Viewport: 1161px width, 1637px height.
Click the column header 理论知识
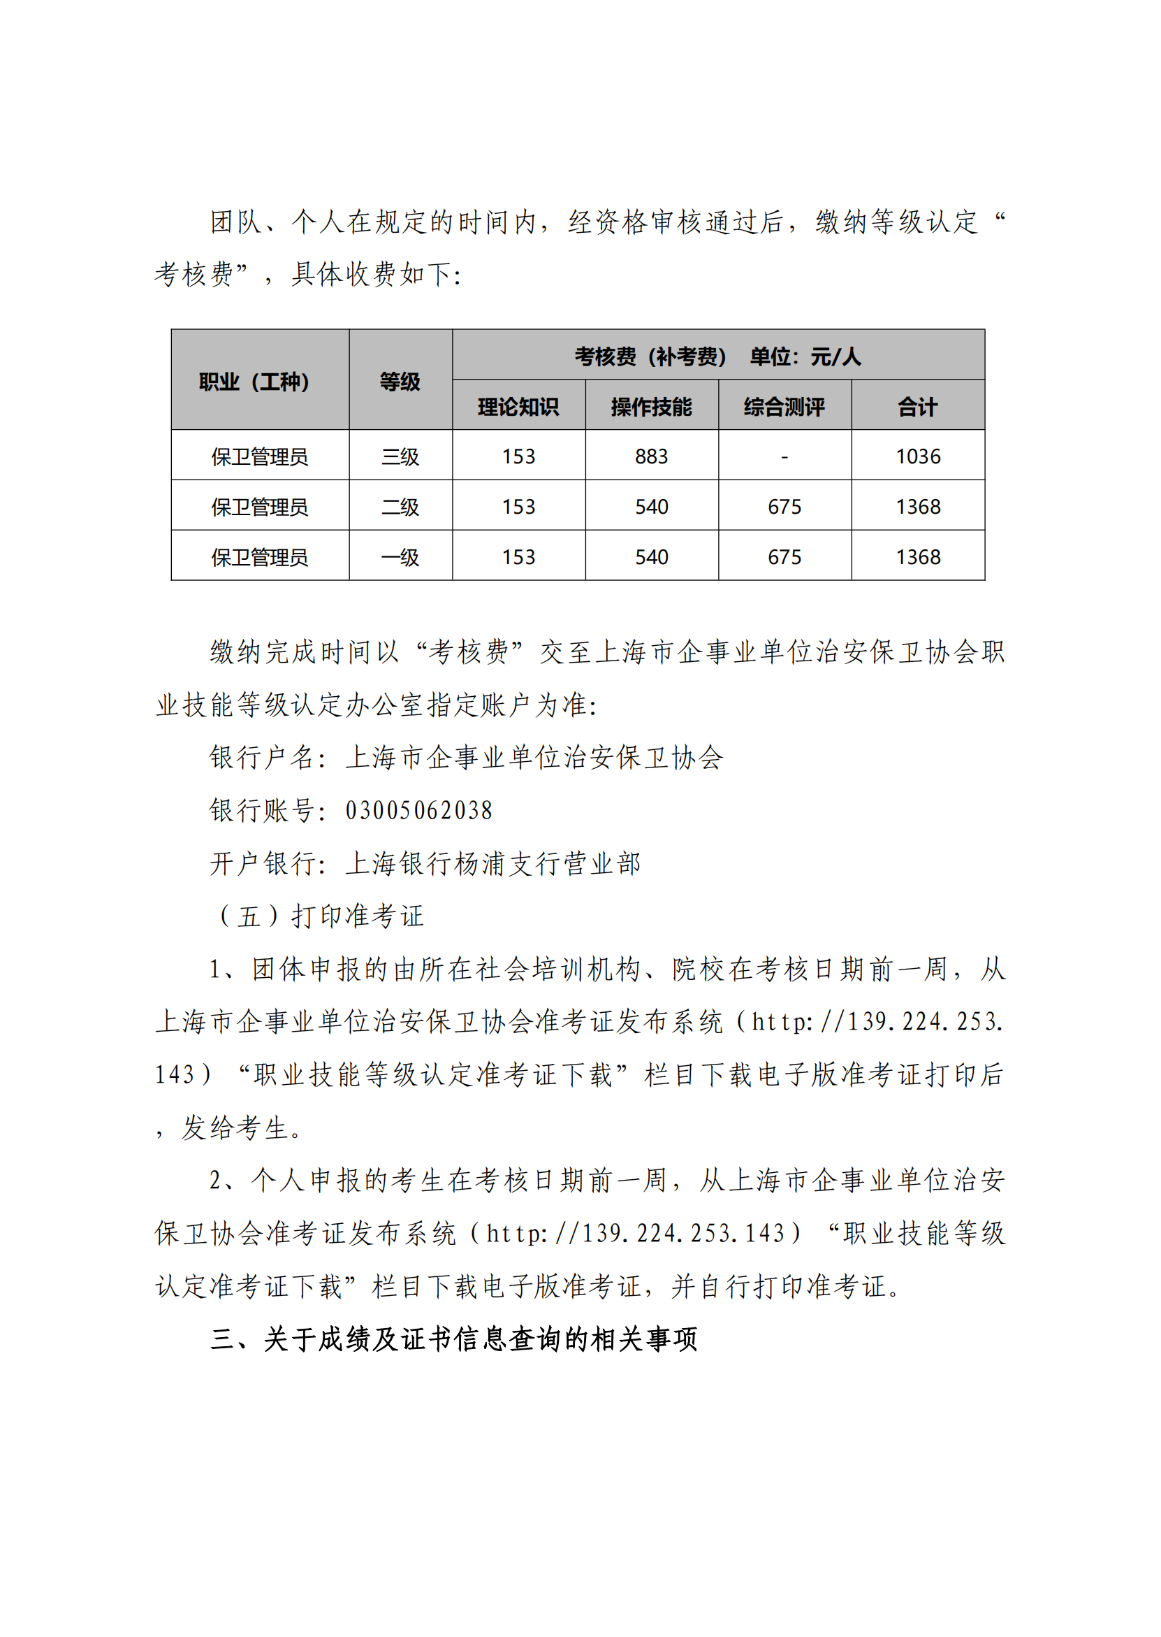[518, 407]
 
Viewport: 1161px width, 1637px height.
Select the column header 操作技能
[651, 407]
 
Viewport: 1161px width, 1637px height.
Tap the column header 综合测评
[784, 407]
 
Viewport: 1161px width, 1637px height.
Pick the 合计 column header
[918, 407]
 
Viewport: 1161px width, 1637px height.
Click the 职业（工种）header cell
[254, 382]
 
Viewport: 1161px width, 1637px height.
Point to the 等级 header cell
[400, 382]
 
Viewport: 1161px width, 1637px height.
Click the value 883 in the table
[651, 456]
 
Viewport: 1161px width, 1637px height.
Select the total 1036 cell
[918, 456]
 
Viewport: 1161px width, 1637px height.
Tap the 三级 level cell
[400, 456]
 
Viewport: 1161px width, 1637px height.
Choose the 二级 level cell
[400, 507]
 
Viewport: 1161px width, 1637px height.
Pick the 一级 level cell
[400, 557]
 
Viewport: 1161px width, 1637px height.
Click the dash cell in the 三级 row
[784, 456]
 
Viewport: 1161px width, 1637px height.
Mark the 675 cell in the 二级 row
[784, 507]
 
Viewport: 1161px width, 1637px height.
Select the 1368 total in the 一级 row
[918, 557]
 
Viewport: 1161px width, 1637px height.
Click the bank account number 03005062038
[419, 810]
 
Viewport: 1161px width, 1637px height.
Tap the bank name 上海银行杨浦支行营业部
[493, 863]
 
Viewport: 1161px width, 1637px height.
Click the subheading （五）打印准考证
[321, 916]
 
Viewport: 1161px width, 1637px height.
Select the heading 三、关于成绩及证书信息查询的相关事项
[454, 1339]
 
